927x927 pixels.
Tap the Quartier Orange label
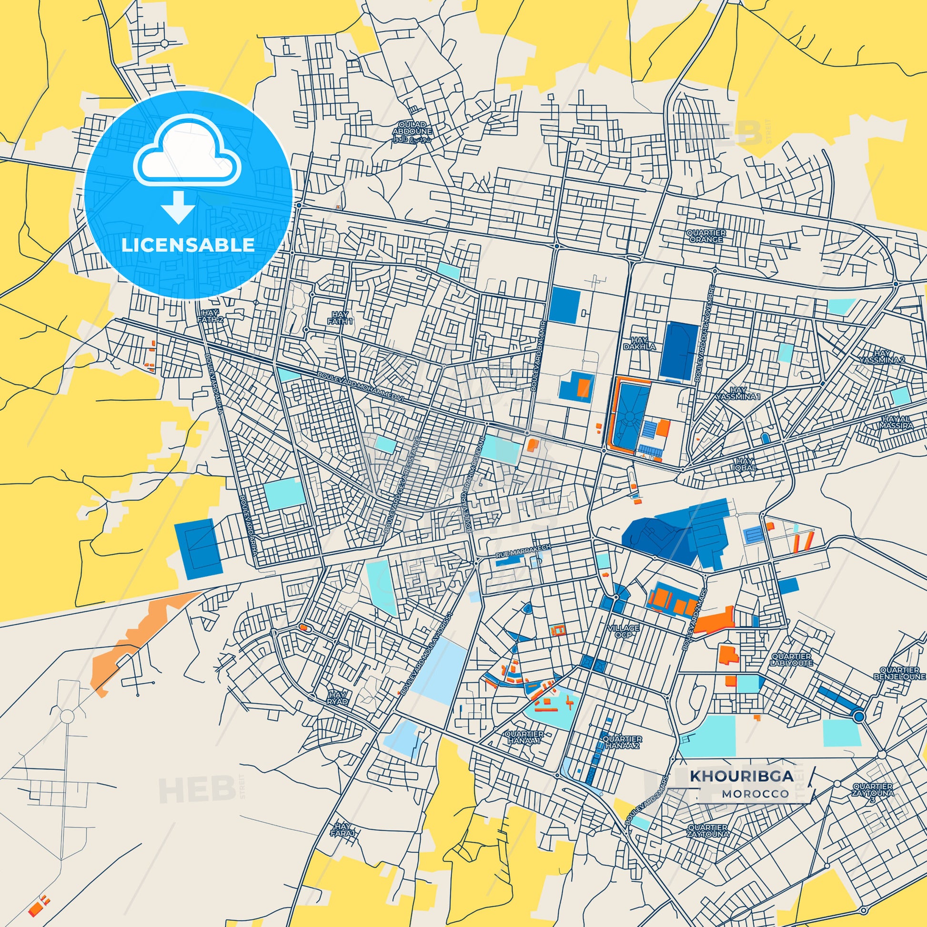(x=706, y=236)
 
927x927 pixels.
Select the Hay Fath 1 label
(x=340, y=318)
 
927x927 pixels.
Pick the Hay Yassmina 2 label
(x=882, y=356)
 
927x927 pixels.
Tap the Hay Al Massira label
(x=897, y=422)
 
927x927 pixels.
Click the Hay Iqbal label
(x=744, y=464)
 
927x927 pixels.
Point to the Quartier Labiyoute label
(x=792, y=659)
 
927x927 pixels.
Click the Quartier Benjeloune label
(x=899, y=673)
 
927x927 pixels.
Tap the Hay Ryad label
(x=337, y=698)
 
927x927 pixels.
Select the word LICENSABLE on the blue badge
(x=188, y=245)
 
